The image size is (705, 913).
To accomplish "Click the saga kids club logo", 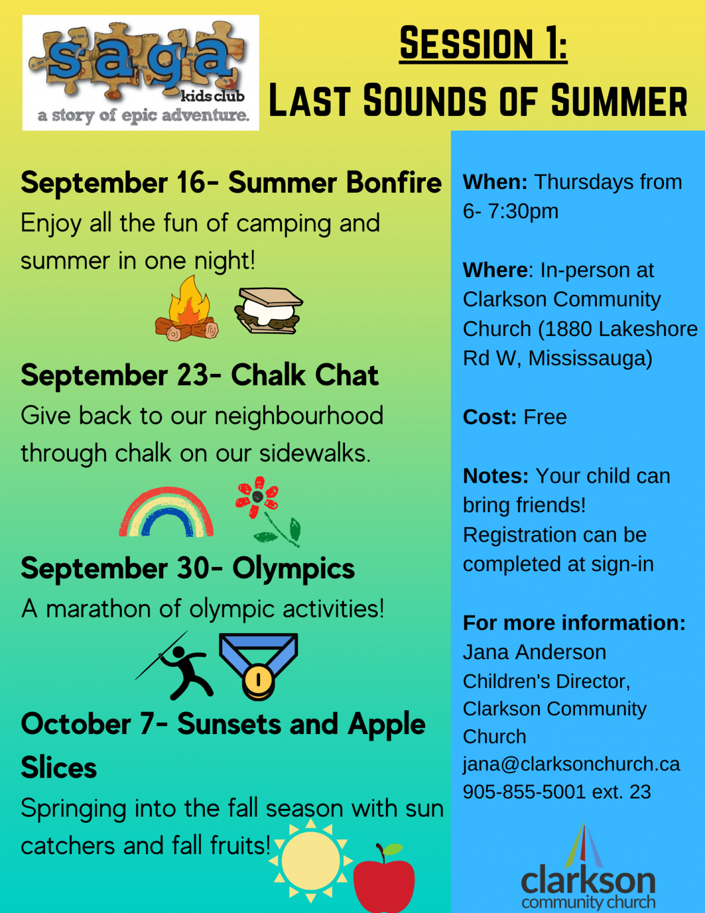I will click(x=141, y=73).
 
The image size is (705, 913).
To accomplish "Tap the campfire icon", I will click(x=187, y=310).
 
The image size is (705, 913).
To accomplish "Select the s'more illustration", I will click(x=268, y=311).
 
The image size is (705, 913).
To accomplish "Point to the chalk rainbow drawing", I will click(x=166, y=513).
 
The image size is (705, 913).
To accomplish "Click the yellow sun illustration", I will click(x=310, y=860).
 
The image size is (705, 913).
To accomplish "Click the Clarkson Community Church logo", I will click(x=588, y=871).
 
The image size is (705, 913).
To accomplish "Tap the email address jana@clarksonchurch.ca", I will click(x=571, y=764).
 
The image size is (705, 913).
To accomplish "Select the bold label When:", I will click(x=495, y=182).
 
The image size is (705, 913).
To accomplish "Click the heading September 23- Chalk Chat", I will click(x=200, y=376).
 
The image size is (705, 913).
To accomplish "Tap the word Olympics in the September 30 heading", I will click(x=293, y=569).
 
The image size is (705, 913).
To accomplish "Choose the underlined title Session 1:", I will click(x=483, y=43).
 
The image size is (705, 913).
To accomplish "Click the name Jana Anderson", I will click(x=535, y=653).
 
